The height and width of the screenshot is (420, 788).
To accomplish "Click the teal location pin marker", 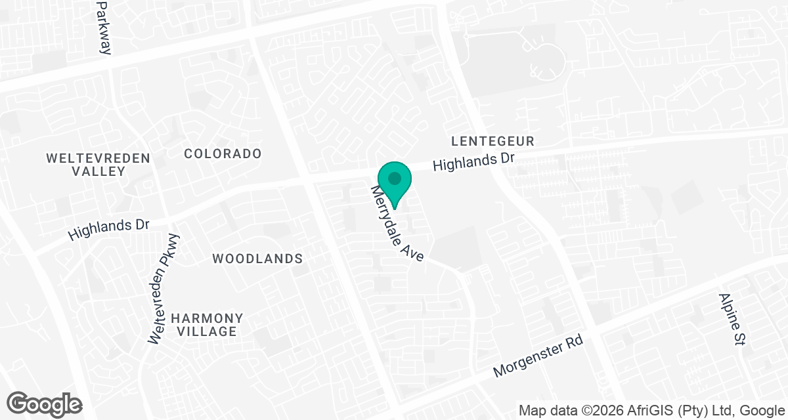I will coord(394,184).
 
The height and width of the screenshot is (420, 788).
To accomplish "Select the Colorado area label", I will coord(223,154).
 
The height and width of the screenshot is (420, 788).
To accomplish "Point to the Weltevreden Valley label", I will coord(98,165).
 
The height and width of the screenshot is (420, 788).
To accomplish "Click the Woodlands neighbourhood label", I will coord(257,259).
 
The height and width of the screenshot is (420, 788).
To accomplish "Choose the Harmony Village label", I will coord(207,325).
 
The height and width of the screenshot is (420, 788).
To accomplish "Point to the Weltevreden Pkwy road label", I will coord(164,289).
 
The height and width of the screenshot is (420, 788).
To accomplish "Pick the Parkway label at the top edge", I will coord(104,26).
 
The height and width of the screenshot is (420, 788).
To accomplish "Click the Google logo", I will coord(45,404).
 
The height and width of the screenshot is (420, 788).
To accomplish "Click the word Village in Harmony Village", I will coord(207,331).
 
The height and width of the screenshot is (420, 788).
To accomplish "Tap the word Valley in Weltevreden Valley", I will coord(98,171).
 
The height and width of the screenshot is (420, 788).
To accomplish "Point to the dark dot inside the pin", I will coord(394,178).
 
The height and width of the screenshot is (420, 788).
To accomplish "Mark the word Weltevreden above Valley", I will coord(98,158).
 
